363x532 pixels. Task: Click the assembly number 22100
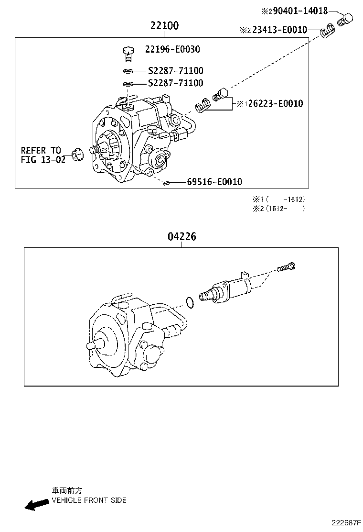pyautogui.click(x=164, y=26)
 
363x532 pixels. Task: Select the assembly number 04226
pyautogui.click(x=181, y=236)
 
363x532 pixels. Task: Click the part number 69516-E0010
pyautogui.click(x=214, y=182)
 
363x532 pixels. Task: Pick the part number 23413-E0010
pyautogui.click(x=279, y=30)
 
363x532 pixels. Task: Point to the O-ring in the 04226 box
pyautogui.click(x=189, y=302)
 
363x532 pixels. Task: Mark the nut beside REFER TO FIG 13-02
pyautogui.click(x=76, y=155)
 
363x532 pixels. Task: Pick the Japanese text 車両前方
pyautogui.click(x=67, y=490)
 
